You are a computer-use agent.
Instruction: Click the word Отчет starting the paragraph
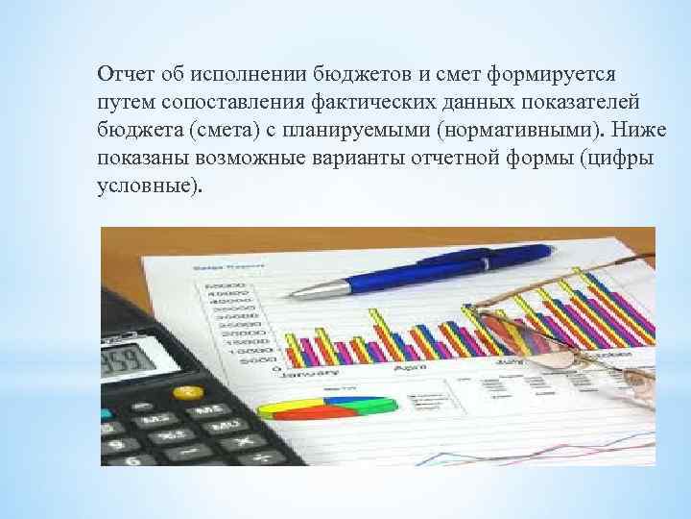point(121,74)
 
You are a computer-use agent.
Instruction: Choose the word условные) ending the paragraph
point(151,185)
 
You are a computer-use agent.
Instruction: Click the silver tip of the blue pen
point(327,285)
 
